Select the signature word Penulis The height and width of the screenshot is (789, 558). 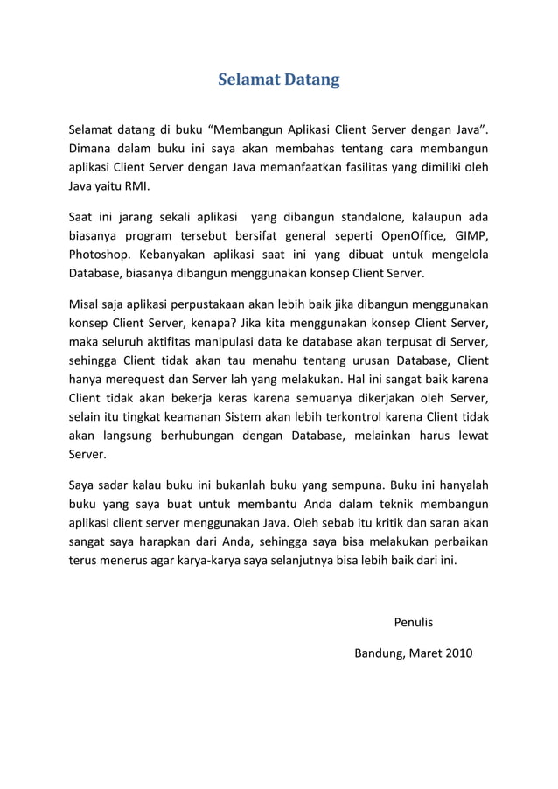(x=414, y=623)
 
